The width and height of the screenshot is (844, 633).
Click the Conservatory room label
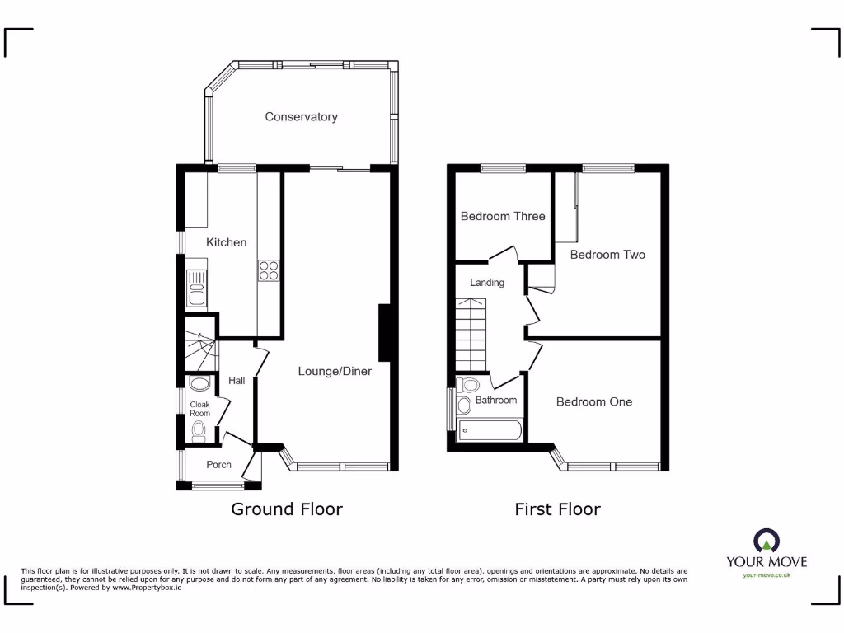click(x=301, y=117)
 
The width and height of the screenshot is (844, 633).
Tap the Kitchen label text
click(x=226, y=242)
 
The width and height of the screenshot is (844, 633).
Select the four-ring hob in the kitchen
click(x=270, y=271)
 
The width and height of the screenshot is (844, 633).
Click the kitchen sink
click(x=197, y=289)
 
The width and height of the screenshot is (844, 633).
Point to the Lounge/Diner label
click(x=335, y=372)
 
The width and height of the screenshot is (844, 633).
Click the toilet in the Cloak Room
click(x=198, y=431)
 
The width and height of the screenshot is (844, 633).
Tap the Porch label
click(x=218, y=465)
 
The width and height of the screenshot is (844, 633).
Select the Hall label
click(x=237, y=381)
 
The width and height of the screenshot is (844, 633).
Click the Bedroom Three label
click(x=503, y=217)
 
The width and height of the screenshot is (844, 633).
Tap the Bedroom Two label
click(x=607, y=255)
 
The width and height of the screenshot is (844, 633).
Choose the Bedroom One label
click(x=594, y=402)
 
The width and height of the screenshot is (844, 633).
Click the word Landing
click(x=487, y=283)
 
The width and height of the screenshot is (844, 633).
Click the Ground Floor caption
click(x=286, y=509)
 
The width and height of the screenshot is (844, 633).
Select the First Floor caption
click(x=557, y=509)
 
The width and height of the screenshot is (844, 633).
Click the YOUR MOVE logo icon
click(x=767, y=541)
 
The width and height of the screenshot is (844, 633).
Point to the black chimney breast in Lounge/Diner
click(x=384, y=333)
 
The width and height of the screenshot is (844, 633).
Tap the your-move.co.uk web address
click(x=767, y=575)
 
